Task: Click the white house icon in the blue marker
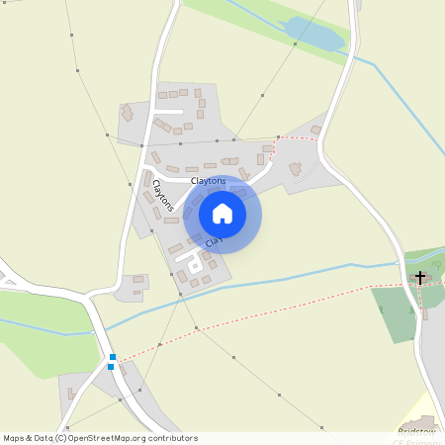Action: tap(222, 214)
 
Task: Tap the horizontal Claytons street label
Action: tap(209, 181)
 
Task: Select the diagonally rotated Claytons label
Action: tap(163, 196)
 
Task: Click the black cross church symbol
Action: tap(420, 278)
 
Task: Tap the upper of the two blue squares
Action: tap(113, 357)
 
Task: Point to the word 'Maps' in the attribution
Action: tap(15, 437)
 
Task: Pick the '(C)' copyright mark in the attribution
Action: tap(61, 437)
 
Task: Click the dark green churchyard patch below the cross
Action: tap(396, 312)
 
